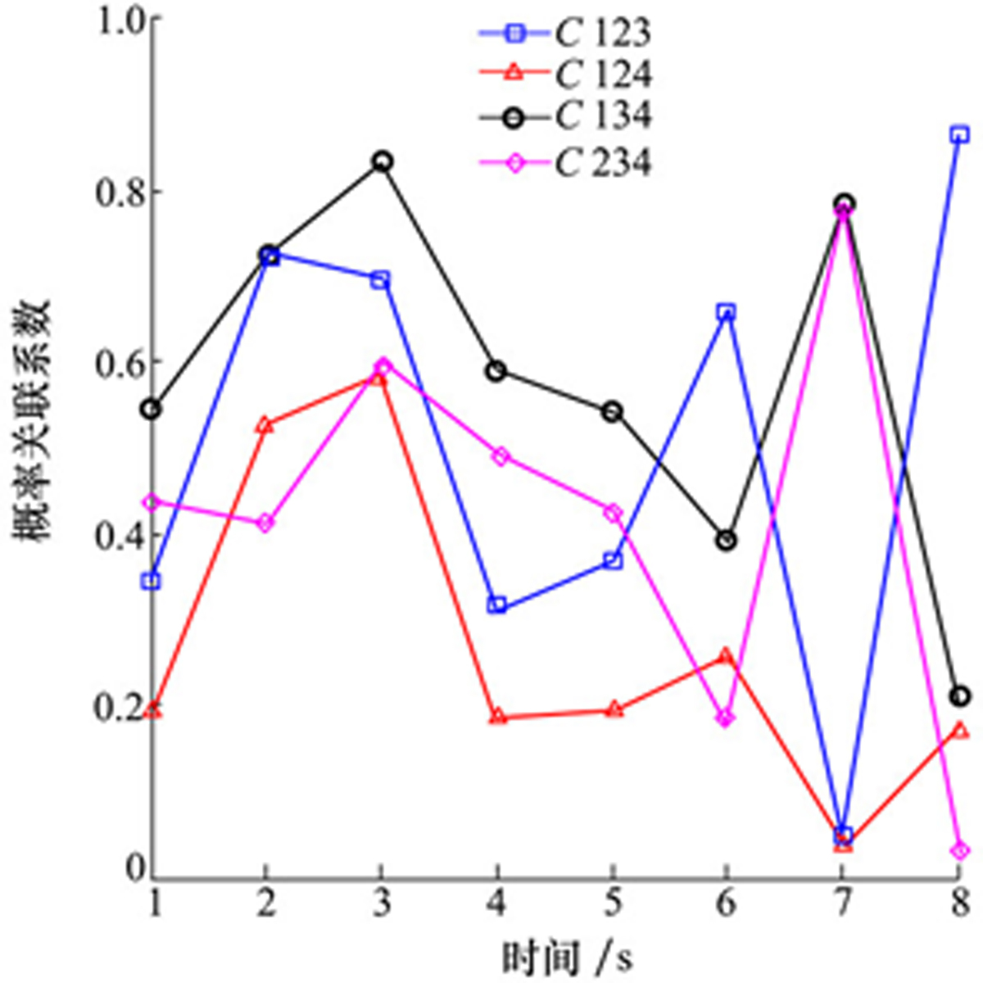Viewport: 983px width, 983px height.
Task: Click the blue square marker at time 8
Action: (960, 134)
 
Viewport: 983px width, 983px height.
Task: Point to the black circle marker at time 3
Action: (381, 161)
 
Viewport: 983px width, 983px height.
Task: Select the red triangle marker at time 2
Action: (265, 425)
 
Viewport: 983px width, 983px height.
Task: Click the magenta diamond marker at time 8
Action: (960, 851)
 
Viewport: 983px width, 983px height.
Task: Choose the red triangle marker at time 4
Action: (497, 717)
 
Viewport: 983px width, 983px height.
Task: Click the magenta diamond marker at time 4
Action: (497, 456)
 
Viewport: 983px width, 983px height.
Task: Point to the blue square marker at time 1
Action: (152, 582)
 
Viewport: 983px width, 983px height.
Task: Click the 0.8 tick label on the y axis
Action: (120, 192)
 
